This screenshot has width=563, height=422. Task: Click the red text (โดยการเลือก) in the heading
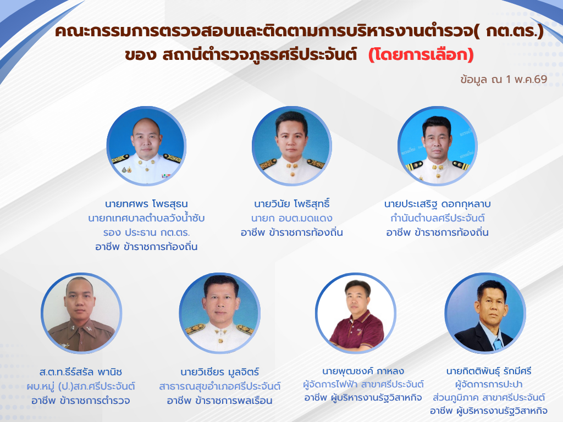pyautogui.click(x=421, y=54)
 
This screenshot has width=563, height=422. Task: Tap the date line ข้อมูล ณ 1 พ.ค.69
pyautogui.click(x=504, y=79)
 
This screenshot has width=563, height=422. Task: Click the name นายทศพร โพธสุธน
pyautogui.click(x=146, y=204)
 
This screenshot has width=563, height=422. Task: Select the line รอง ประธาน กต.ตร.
pyautogui.click(x=146, y=232)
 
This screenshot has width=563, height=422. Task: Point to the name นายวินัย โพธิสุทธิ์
pyautogui.click(x=292, y=203)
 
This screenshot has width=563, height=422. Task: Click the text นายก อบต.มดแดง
pyautogui.click(x=292, y=218)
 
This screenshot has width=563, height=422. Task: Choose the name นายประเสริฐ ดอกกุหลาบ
pyautogui.click(x=437, y=204)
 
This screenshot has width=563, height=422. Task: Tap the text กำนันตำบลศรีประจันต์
pyautogui.click(x=437, y=218)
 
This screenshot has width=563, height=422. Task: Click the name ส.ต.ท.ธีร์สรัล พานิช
pyautogui.click(x=81, y=372)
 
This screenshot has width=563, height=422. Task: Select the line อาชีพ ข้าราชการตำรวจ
pyautogui.click(x=81, y=401)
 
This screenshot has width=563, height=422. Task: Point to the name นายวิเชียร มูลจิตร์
pyautogui.click(x=220, y=372)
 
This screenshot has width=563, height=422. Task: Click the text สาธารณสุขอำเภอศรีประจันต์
pyautogui.click(x=220, y=386)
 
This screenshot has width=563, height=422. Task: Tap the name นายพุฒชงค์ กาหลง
pyautogui.click(x=363, y=371)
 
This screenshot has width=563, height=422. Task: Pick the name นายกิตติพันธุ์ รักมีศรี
pyautogui.click(x=489, y=371)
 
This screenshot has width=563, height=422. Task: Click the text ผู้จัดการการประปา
pyautogui.click(x=489, y=384)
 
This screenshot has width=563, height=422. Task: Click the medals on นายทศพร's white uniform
pyautogui.click(x=126, y=169)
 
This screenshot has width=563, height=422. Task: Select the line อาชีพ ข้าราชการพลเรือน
pyautogui.click(x=220, y=401)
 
